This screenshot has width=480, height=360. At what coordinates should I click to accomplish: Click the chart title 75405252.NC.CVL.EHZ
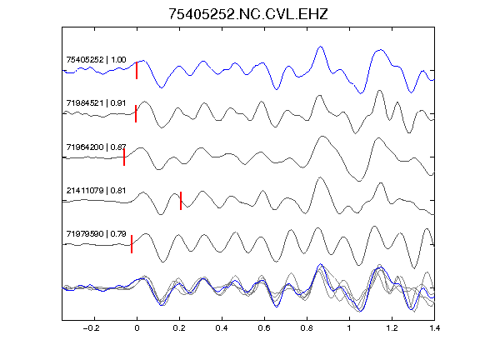pyautogui.click(x=248, y=14)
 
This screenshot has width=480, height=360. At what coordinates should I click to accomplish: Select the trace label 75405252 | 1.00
pyautogui.click(x=96, y=60)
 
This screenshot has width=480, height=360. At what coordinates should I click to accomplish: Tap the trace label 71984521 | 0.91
pyautogui.click(x=96, y=103)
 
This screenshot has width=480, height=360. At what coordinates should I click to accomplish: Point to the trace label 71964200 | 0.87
pyautogui.click(x=96, y=147)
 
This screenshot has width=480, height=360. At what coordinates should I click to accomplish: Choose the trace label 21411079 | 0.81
pyautogui.click(x=96, y=191)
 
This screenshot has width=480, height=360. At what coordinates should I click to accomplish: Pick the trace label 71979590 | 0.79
pyautogui.click(x=96, y=234)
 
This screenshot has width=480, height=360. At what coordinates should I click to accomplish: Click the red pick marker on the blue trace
pyautogui.click(x=137, y=70)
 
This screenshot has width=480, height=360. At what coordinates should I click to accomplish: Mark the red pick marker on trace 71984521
pyautogui.click(x=136, y=114)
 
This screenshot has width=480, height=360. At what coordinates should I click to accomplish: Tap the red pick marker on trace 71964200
pyautogui.click(x=124, y=157)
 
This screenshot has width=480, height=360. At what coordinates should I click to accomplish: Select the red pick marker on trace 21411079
pyautogui.click(x=181, y=201)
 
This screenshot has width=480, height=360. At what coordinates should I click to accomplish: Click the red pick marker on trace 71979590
pyautogui.click(x=132, y=244)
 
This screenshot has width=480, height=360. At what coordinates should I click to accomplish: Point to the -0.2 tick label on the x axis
pyautogui.click(x=92, y=328)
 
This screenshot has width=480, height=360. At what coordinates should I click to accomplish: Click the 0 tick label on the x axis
pyautogui.click(x=137, y=328)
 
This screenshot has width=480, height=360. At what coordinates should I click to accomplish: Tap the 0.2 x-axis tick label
pyautogui.click(x=179, y=328)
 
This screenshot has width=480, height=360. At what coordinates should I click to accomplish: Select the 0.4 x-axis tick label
pyautogui.click(x=222, y=328)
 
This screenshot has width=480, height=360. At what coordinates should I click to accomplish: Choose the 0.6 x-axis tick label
pyautogui.click(x=264, y=328)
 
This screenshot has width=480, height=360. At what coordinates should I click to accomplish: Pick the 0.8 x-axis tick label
pyautogui.click(x=307, y=328)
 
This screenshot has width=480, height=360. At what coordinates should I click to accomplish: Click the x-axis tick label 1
pyautogui.click(x=349, y=328)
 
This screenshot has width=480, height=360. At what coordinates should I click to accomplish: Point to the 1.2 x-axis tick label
pyautogui.click(x=392, y=328)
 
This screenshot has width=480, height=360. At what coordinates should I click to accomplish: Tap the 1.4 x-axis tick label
pyautogui.click(x=434, y=328)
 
